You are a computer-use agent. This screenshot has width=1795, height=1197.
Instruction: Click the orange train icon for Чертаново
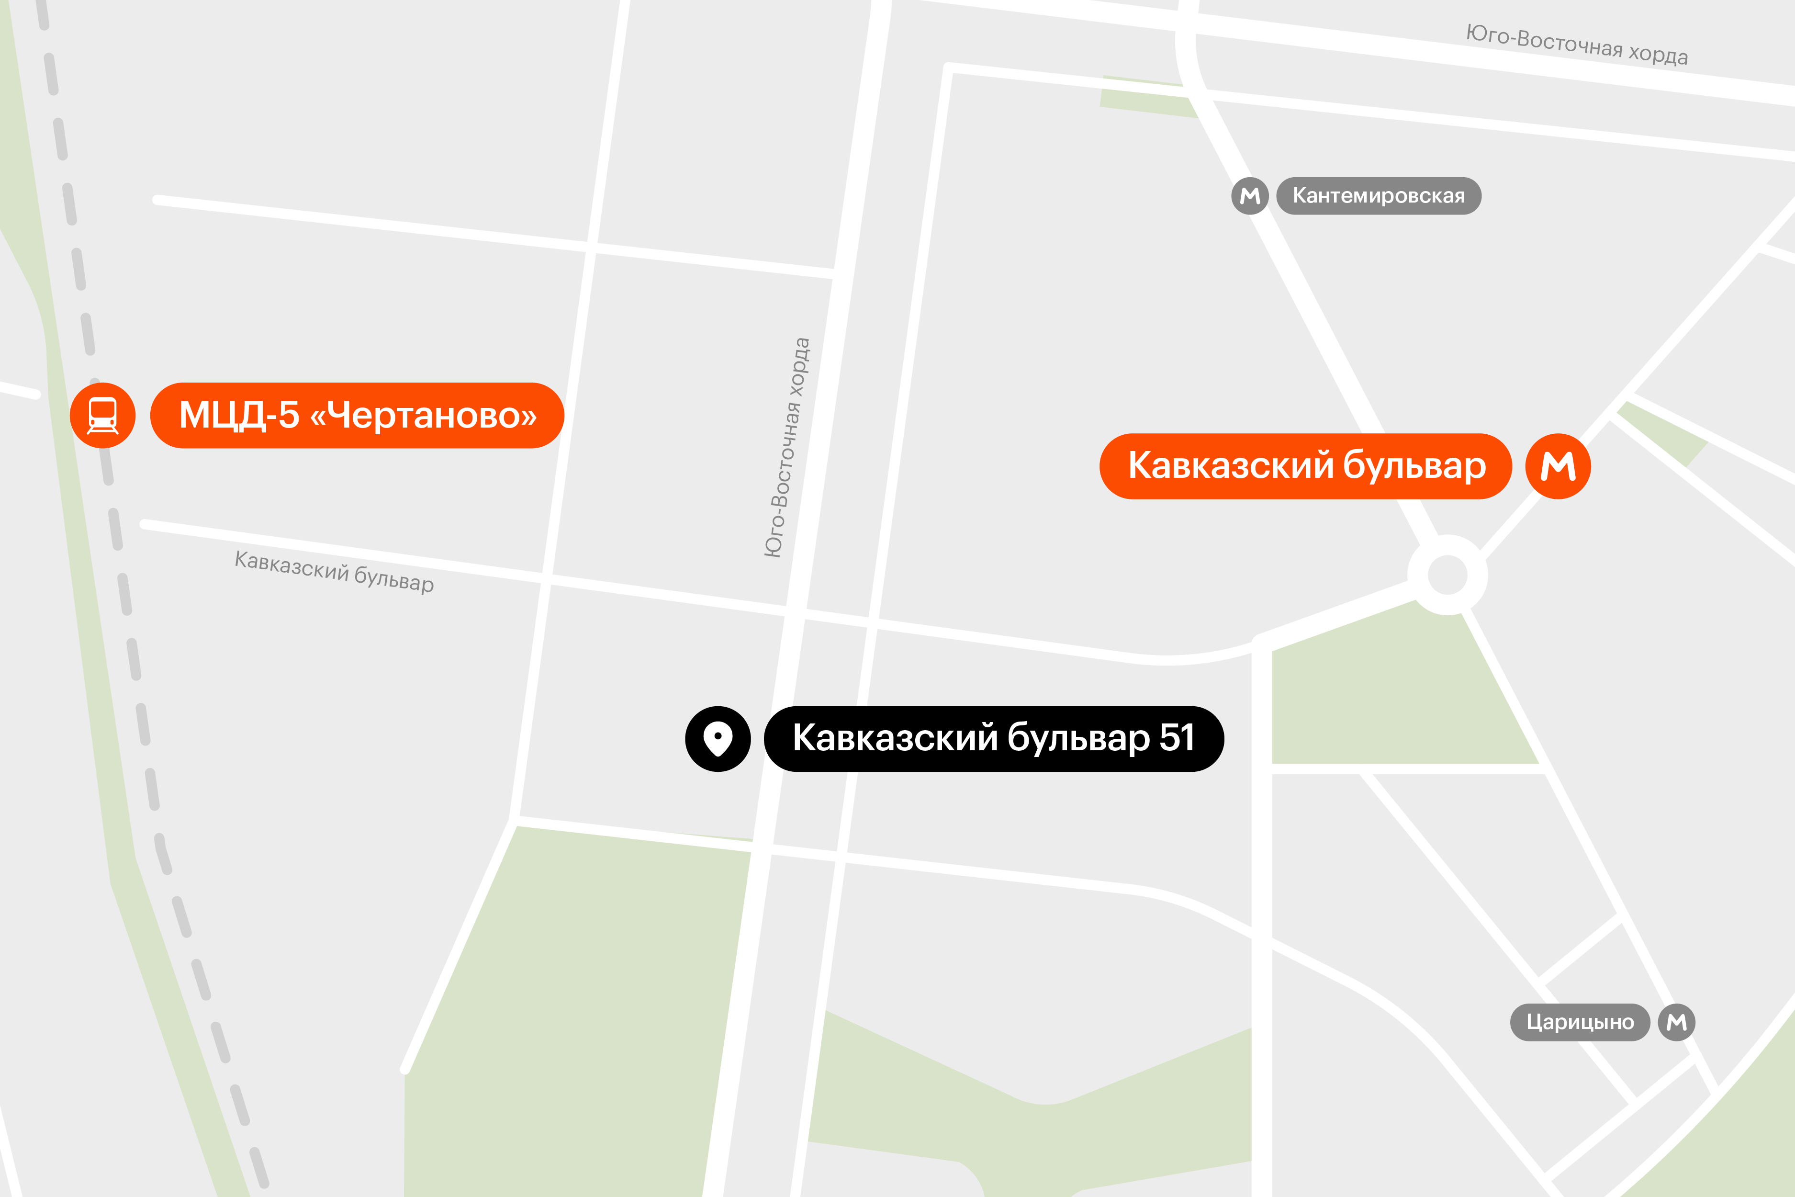click(102, 415)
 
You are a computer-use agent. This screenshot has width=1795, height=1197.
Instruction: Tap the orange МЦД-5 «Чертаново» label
click(357, 415)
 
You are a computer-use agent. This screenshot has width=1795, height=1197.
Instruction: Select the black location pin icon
click(718, 738)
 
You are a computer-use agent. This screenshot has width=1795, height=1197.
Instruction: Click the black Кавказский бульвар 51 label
click(994, 738)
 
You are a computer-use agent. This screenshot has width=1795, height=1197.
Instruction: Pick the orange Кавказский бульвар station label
click(1305, 466)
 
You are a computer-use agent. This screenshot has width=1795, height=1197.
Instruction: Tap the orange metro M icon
click(1558, 466)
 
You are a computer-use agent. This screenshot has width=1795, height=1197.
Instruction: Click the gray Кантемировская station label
click(1378, 196)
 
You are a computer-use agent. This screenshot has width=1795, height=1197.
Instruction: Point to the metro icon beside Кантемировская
click(1249, 196)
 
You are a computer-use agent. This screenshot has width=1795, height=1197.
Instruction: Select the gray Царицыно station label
click(1580, 1022)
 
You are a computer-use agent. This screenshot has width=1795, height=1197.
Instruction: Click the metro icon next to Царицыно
click(1677, 1022)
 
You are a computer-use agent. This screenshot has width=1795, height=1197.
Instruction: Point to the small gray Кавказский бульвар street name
click(334, 571)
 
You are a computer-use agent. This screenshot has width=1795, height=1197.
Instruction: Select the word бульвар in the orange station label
click(1414, 466)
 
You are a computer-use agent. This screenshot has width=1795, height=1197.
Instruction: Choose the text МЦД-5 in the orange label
click(239, 415)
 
